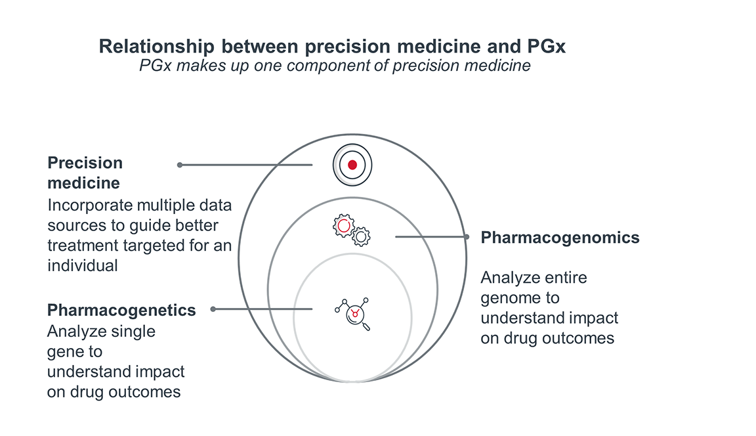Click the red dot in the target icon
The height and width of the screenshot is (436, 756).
[x=352, y=165]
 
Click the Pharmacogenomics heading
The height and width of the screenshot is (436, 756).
[x=560, y=238]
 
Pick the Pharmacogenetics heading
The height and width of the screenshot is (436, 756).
[x=121, y=310]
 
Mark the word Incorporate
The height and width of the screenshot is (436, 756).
[x=89, y=206]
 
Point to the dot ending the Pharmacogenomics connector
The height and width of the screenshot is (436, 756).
[x=467, y=236]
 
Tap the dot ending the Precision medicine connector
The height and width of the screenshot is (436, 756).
[x=180, y=165]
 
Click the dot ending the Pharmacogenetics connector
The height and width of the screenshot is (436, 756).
[x=213, y=309]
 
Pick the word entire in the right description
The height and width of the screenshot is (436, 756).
[x=566, y=278]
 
